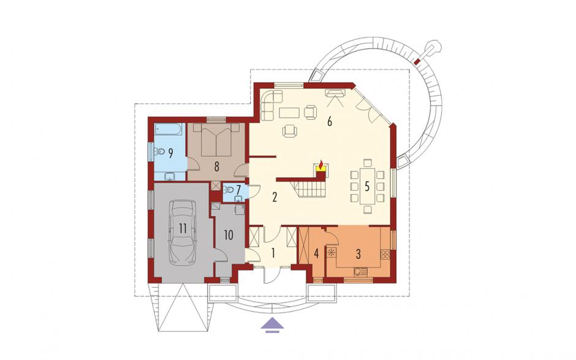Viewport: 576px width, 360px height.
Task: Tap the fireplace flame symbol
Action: (x=320, y=166)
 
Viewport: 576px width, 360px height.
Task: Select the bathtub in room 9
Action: (x=169, y=129)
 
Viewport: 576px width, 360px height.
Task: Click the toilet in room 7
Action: (x=228, y=190)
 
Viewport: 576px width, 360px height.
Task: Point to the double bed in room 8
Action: (x=216, y=140)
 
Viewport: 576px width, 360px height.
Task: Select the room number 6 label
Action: (x=330, y=121)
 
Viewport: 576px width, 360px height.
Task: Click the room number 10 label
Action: (x=229, y=235)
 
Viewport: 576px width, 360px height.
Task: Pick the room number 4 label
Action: (x=316, y=253)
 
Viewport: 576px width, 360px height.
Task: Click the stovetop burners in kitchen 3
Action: (x=385, y=254)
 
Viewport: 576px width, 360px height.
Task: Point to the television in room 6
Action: (x=335, y=93)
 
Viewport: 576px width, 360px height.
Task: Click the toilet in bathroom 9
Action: (x=159, y=151)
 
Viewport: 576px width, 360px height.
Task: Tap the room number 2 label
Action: (x=275, y=197)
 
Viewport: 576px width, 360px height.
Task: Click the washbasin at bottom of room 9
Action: (x=170, y=177)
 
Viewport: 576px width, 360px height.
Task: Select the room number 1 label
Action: (x=273, y=253)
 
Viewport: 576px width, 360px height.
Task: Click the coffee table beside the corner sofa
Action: (x=289, y=112)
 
